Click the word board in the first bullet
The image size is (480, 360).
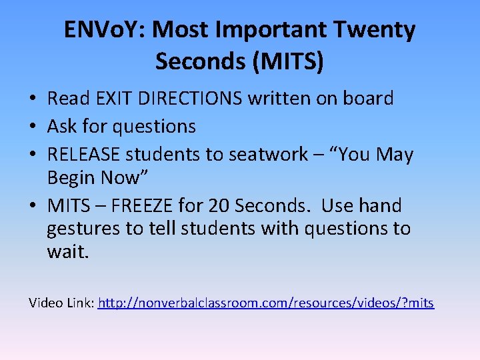368,99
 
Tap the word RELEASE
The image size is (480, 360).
83,155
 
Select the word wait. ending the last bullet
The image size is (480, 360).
67,252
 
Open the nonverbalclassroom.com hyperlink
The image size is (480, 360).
265,303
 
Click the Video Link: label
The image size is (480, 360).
61,303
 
